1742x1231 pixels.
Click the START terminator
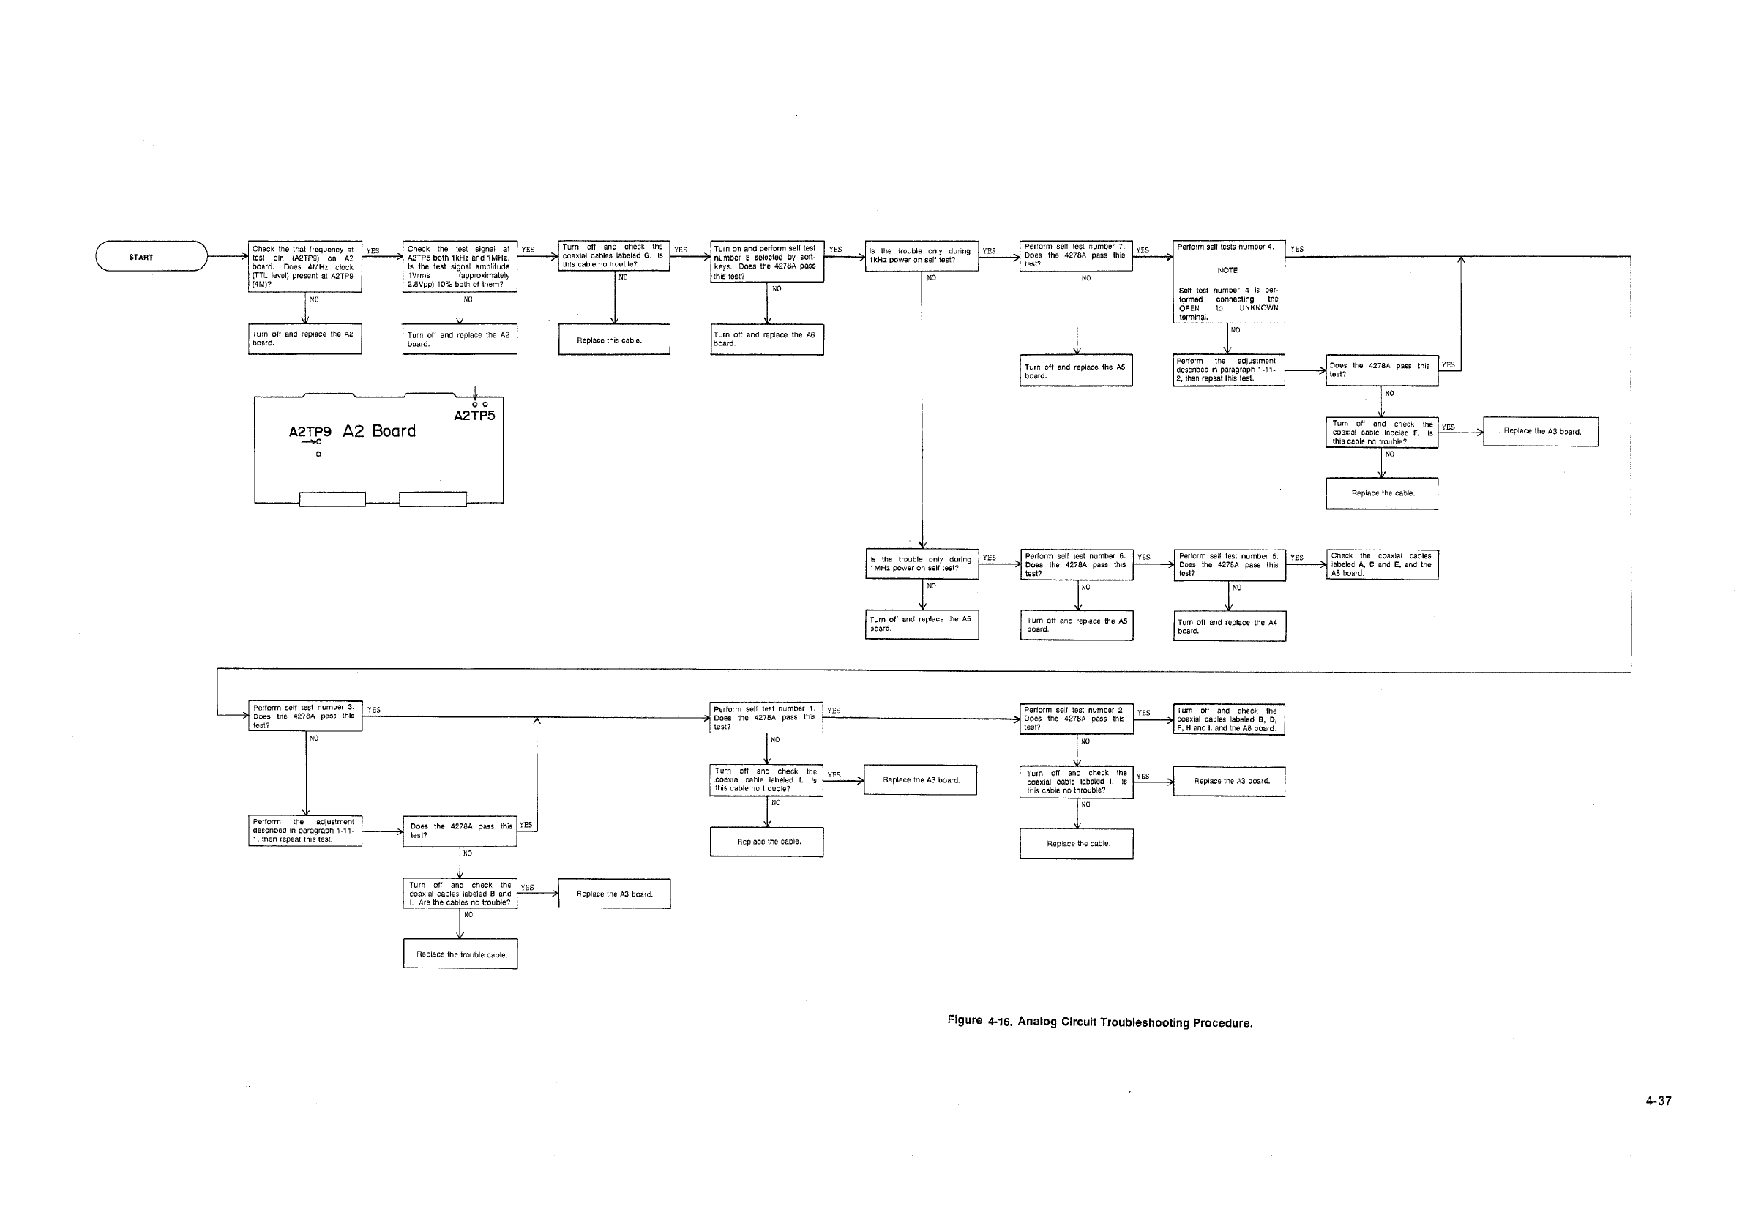pyautogui.click(x=151, y=256)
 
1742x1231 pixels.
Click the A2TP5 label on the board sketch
pyautogui.click(x=474, y=416)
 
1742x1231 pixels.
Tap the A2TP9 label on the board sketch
pyautogui.click(x=310, y=433)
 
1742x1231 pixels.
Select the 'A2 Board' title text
pyautogui.click(x=378, y=432)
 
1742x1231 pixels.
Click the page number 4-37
pyautogui.click(x=1658, y=1101)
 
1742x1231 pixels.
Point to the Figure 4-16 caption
pyautogui.click(x=1099, y=1022)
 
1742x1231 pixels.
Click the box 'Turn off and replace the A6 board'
pyautogui.click(x=767, y=339)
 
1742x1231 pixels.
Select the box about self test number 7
pyautogui.click(x=1076, y=255)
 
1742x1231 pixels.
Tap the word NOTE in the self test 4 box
pyautogui.click(x=1227, y=270)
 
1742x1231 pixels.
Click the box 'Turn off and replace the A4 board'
pyautogui.click(x=1229, y=626)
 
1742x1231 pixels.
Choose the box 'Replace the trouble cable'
pyautogui.click(x=460, y=954)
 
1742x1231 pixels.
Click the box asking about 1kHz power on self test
pyautogui.click(x=921, y=255)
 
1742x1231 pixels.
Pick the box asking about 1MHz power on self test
pyautogui.click(x=922, y=564)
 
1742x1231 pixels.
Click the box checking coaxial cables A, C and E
pyautogui.click(x=1382, y=564)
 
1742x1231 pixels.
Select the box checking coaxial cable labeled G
pyautogui.click(x=614, y=255)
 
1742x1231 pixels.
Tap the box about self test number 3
pyautogui.click(x=306, y=716)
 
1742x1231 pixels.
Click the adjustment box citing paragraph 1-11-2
pyautogui.click(x=1228, y=370)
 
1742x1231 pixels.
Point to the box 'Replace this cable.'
pyautogui.click(x=614, y=340)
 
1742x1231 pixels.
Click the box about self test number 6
pyautogui.click(x=1077, y=565)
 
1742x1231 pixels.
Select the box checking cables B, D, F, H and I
pyautogui.click(x=1228, y=719)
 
